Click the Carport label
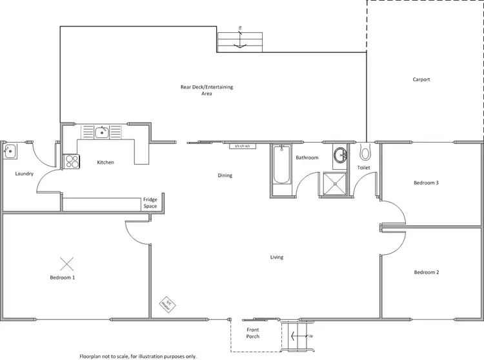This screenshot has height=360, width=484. pos(421,80)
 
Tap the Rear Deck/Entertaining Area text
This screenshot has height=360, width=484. pos(207,90)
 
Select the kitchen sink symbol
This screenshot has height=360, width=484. pos(101,133)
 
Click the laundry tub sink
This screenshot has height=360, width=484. pos(10,152)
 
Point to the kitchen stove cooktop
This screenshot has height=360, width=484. pos(71,161)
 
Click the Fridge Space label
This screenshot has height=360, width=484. pos(150,203)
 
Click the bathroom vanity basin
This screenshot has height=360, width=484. pos(340,155)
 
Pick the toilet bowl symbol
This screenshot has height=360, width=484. pos(365,154)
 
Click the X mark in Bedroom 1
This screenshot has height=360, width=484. pos(66,263)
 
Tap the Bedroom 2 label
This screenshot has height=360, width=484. pos(426,272)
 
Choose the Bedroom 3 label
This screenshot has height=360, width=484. pos(426,183)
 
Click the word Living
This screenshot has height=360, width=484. pos(276,257)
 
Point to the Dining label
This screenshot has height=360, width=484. pos(225,175)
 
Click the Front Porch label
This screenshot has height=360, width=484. pos(252,333)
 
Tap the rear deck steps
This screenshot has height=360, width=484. pos(240,41)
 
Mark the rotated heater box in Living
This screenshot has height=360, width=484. pos(166,304)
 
